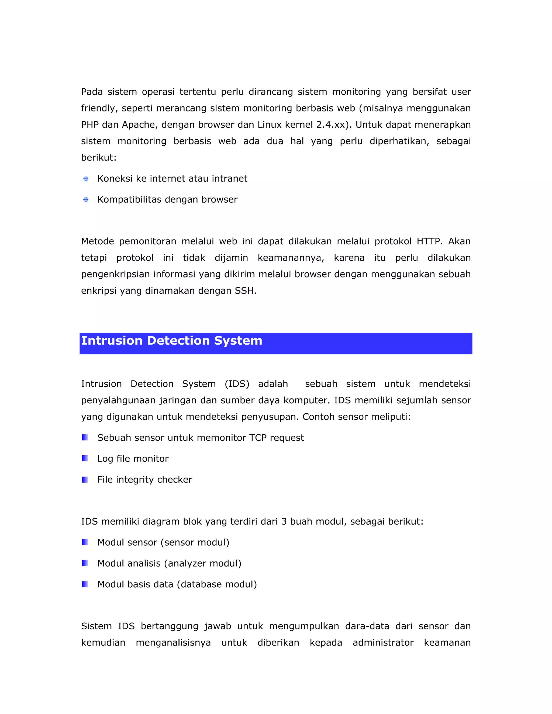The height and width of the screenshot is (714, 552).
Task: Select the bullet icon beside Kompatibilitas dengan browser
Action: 86,199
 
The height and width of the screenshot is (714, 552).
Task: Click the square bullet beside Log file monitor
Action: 85,458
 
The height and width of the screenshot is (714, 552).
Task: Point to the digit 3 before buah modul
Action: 284,521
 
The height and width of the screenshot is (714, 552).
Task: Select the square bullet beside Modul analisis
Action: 85,563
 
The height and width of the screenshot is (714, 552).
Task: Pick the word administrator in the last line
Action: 383,643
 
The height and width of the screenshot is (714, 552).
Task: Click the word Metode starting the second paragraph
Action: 98,241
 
